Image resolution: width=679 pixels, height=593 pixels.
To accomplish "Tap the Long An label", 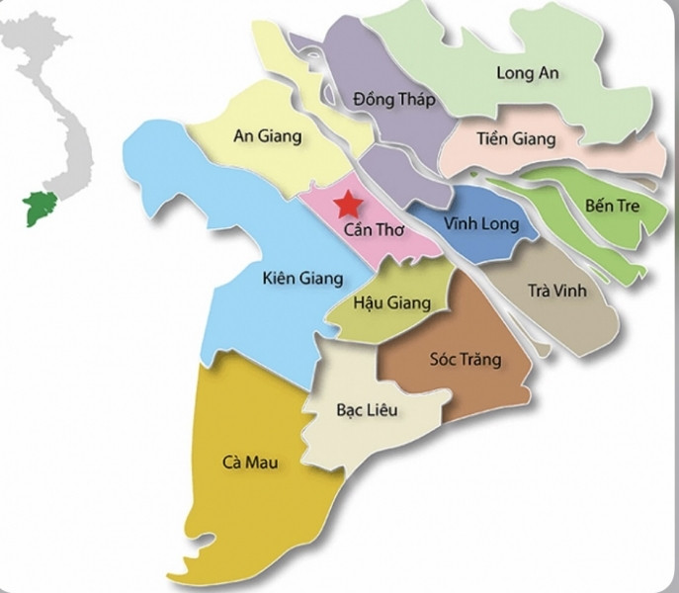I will [x=529, y=73].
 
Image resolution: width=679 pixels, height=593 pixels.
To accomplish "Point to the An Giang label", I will [x=267, y=137].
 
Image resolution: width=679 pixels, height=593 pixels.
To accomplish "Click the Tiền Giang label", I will [x=515, y=139].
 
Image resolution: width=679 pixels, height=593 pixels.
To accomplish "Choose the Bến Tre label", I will [x=612, y=207].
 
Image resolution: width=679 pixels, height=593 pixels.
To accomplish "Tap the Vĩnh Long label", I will [x=480, y=224].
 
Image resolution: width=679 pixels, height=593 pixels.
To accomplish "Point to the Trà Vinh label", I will [x=556, y=291].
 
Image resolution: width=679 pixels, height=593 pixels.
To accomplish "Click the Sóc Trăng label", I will [x=465, y=360].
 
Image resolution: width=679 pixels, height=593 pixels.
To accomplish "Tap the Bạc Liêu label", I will [x=367, y=410].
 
